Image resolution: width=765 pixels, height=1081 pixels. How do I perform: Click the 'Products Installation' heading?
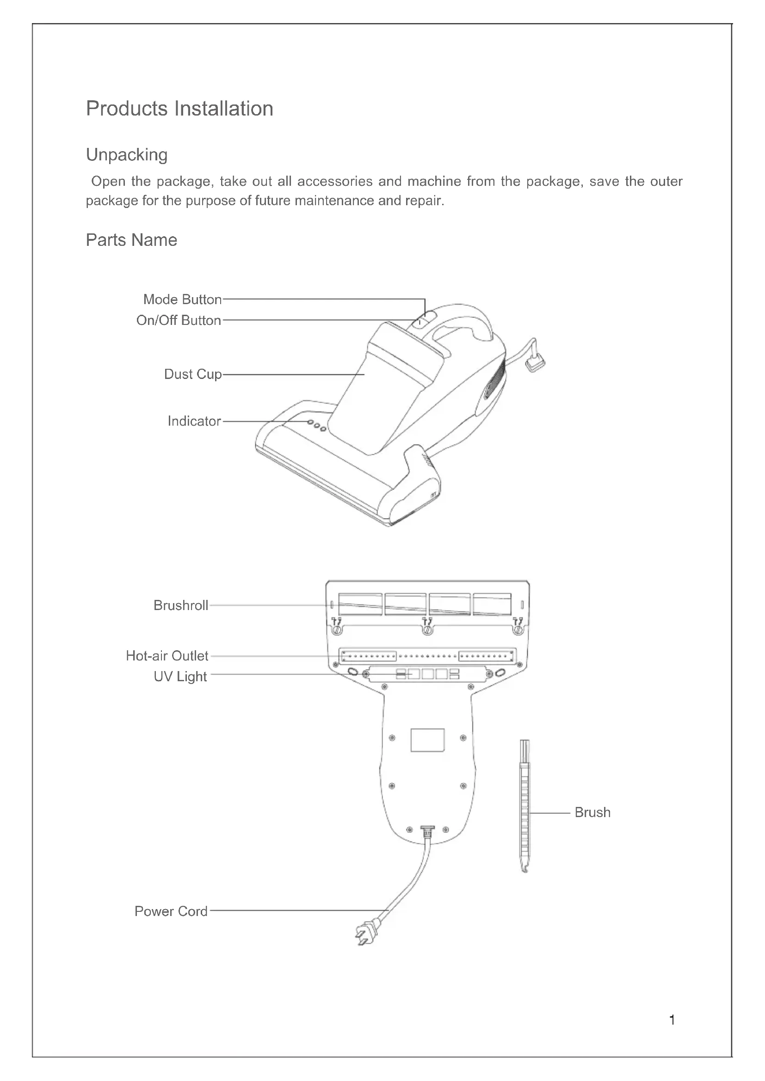tap(179, 109)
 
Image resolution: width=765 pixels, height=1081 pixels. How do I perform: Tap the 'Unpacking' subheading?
tap(127, 155)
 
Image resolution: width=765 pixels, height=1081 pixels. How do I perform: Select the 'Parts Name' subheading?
tap(131, 240)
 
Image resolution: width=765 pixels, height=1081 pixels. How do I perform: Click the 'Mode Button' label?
tap(182, 299)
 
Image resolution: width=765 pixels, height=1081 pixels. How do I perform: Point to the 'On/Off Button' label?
tap(179, 321)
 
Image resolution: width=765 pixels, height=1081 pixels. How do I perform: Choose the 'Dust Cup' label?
tap(193, 374)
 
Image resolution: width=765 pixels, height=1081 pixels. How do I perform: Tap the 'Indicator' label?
tap(194, 421)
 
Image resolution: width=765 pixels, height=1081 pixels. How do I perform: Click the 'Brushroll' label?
tap(181, 605)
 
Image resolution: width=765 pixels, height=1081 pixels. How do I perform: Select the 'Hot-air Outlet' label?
tap(167, 656)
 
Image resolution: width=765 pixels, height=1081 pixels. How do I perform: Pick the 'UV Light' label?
tap(180, 677)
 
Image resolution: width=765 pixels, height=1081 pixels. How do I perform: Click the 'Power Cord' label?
tap(171, 911)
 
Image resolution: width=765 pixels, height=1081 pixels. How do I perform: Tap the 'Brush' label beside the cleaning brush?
tap(592, 812)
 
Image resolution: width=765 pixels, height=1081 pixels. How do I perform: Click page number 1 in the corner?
tap(672, 1020)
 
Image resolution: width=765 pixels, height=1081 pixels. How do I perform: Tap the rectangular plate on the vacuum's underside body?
tap(427, 740)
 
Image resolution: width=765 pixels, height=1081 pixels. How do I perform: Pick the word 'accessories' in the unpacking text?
tap(335, 181)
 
